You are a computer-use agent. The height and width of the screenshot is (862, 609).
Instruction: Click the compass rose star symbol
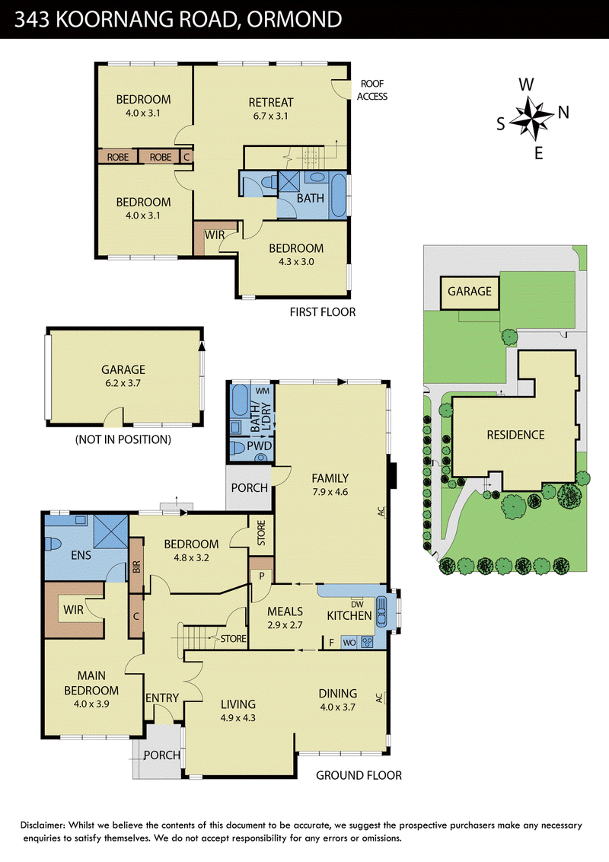pos(531,118)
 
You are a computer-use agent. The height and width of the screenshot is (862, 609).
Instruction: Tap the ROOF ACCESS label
pos(372,90)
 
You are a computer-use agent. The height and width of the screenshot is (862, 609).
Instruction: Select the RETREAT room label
pos(271,103)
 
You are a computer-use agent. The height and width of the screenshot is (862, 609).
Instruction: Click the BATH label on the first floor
pos(311,199)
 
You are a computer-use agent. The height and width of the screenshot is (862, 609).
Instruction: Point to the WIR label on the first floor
pos(215,235)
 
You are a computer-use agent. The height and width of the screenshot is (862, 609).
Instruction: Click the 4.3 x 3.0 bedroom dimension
pos(296,262)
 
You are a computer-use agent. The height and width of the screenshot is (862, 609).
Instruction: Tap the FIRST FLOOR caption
pos(323,312)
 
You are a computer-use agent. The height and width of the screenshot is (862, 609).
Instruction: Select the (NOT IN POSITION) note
pos(123,440)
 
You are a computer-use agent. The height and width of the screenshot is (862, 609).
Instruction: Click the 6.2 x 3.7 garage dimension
pos(123,383)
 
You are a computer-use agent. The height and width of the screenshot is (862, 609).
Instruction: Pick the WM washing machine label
pos(263,391)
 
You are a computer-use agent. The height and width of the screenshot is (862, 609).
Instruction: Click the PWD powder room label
pos(259,445)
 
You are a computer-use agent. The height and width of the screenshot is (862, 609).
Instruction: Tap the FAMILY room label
pos(330,478)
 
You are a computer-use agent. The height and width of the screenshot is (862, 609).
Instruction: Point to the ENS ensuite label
pos(81,556)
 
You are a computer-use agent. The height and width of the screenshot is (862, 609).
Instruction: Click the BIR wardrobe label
pos(137,567)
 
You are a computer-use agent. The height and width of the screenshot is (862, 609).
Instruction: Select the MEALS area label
pos(285,611)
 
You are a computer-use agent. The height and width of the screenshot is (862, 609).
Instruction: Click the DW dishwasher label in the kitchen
pos(357,604)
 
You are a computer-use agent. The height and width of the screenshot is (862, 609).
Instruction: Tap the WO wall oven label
pos(349,643)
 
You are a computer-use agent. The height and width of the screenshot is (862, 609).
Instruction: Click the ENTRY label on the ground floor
pos(162,698)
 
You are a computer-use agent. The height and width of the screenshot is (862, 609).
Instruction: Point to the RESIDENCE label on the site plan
pos(515,435)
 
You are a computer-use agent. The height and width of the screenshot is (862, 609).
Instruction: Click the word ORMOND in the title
pos(294,19)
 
